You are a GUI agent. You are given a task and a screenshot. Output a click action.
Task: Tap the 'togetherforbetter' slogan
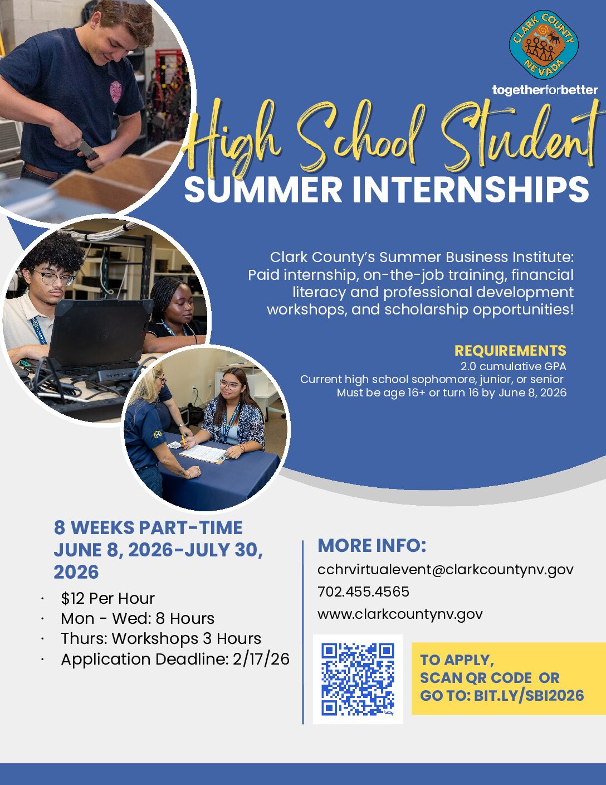click(545, 90)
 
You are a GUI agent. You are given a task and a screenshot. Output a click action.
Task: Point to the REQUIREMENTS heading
click(510, 351)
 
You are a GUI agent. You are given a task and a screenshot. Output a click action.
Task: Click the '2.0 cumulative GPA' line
click(513, 366)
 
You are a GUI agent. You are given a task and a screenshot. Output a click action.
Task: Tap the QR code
click(358, 679)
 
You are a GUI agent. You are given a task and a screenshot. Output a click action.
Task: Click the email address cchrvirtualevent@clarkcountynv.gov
click(445, 569)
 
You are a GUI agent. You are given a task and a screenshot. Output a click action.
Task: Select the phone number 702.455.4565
click(363, 592)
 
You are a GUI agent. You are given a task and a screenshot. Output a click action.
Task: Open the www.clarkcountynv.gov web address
click(400, 614)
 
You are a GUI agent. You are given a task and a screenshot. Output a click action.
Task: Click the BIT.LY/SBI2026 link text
click(529, 695)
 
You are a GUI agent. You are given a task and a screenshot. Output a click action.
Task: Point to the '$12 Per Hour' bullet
click(107, 598)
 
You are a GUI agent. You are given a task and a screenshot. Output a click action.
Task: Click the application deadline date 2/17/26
click(261, 659)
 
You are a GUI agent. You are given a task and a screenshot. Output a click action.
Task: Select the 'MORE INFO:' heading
click(372, 545)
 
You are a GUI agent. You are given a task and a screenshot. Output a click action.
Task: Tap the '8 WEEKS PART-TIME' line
click(148, 527)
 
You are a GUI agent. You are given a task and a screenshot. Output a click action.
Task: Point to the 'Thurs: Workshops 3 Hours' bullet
click(161, 638)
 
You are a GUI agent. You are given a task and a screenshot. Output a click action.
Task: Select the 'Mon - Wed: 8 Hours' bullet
click(138, 618)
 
